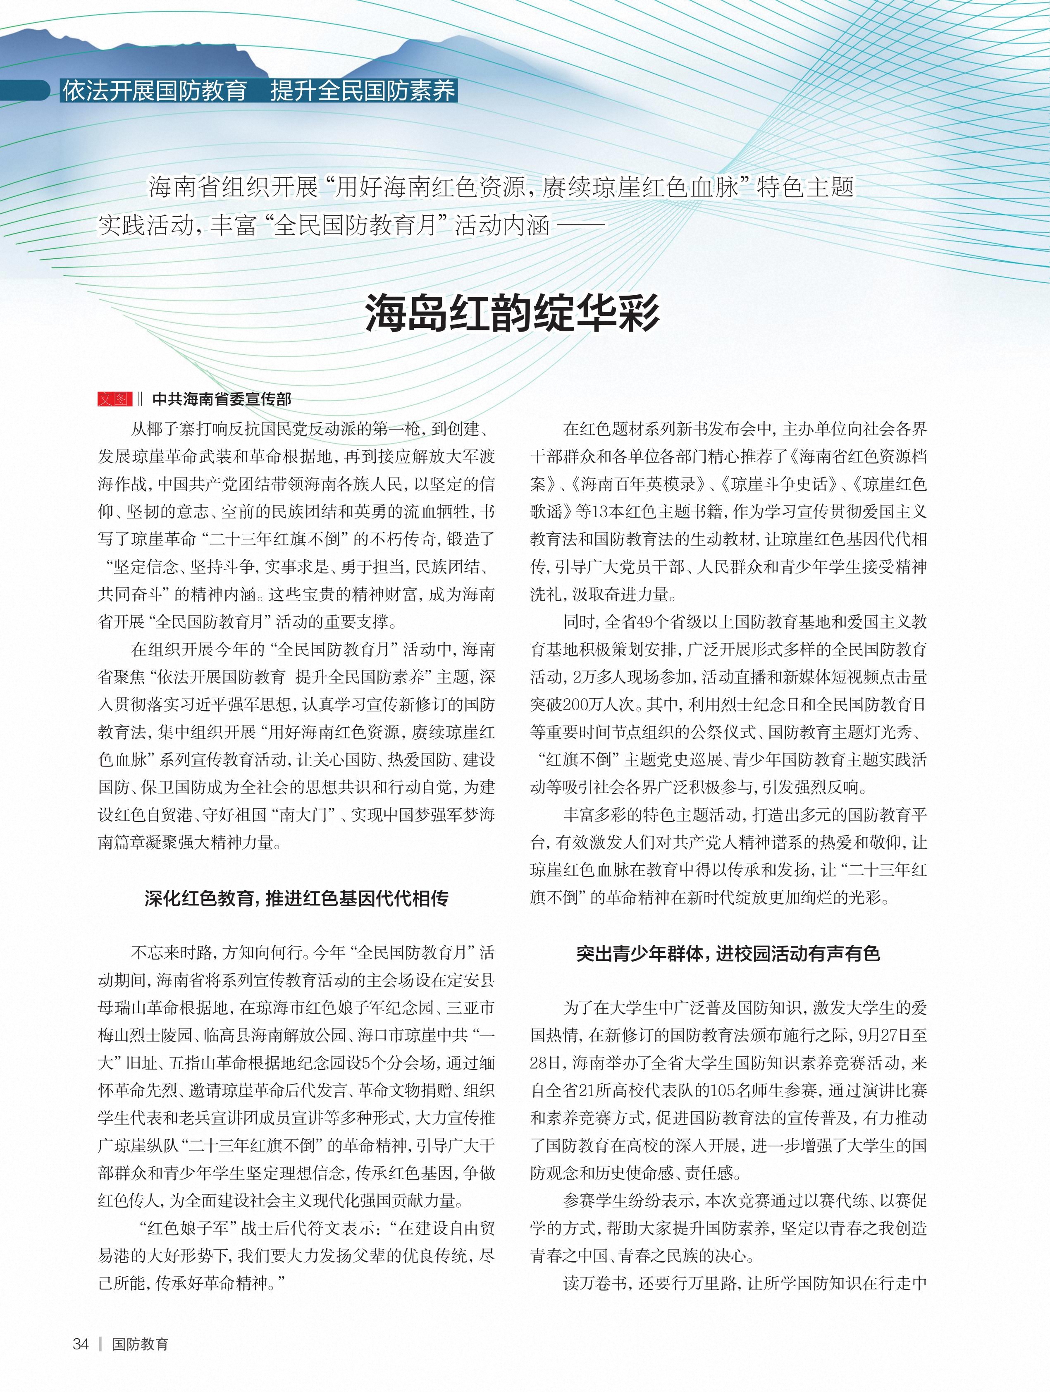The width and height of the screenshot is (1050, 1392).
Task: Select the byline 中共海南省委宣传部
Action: point(222,399)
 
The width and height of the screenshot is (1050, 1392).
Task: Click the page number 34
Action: point(81,1344)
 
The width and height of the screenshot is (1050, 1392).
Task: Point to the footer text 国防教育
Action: point(140,1344)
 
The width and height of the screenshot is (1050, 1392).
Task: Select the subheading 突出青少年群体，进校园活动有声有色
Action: point(728,954)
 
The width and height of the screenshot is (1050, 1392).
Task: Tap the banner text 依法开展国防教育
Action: point(154,91)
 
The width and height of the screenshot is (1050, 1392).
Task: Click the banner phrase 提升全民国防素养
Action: point(363,91)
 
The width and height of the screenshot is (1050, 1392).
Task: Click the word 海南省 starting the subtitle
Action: point(173,187)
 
